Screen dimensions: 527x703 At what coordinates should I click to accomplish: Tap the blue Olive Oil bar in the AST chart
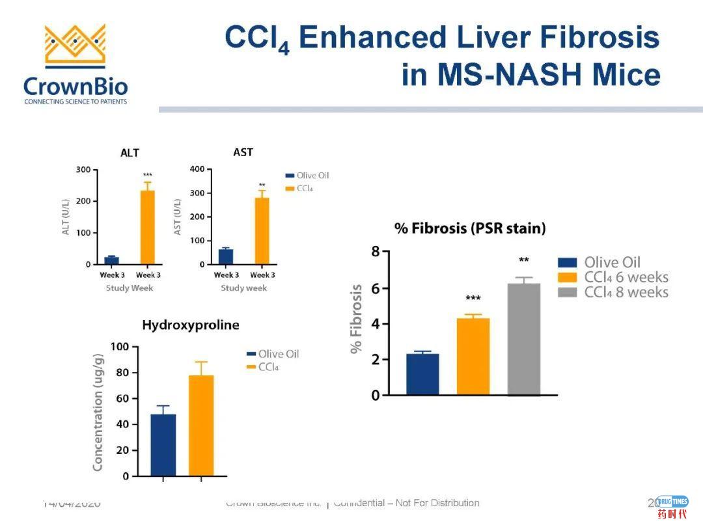[226, 256]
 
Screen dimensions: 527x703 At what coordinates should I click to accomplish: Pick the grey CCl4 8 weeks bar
[524, 339]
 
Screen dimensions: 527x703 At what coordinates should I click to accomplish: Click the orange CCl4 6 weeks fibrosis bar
[473, 356]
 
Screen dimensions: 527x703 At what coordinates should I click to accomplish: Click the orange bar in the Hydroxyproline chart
[201, 426]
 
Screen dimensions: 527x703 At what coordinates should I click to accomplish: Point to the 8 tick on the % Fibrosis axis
[376, 252]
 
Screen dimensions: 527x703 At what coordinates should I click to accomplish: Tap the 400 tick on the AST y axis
[197, 170]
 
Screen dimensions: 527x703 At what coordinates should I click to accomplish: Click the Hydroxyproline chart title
[191, 325]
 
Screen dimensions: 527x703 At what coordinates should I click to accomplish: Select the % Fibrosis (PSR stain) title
[470, 228]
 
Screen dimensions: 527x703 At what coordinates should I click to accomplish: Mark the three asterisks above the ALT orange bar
[148, 175]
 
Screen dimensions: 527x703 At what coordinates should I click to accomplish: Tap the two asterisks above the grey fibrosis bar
[524, 261]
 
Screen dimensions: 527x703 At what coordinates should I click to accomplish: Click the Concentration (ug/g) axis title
[98, 411]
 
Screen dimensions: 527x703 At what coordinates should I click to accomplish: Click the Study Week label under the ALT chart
[130, 288]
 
